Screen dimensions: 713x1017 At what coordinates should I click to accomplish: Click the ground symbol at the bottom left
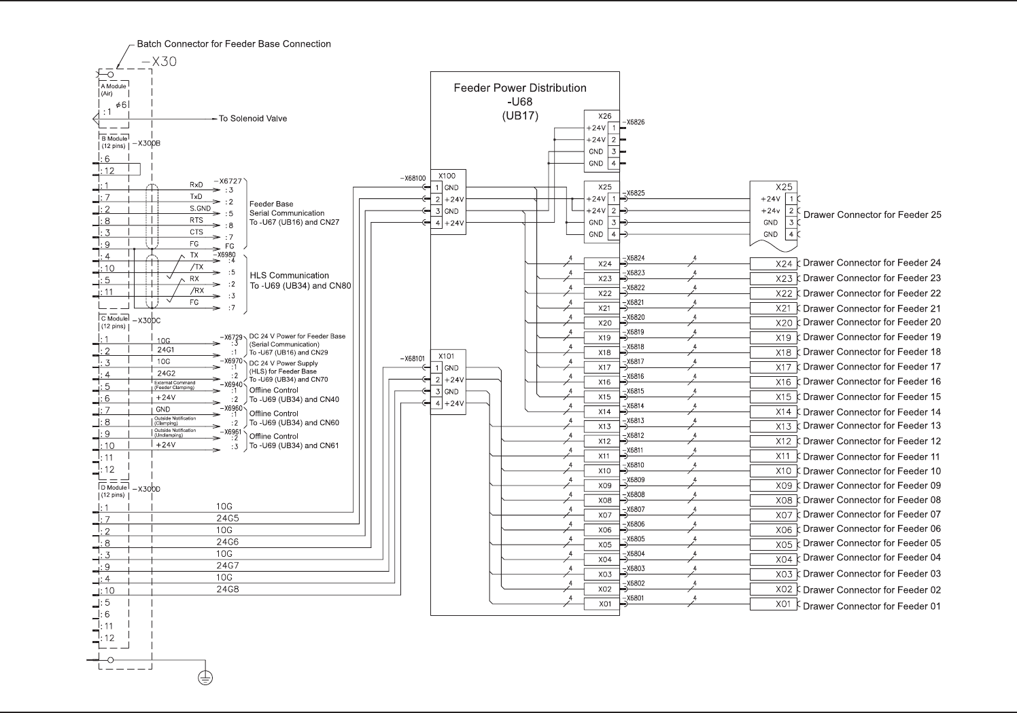205,677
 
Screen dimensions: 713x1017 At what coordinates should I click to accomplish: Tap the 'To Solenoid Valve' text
252,119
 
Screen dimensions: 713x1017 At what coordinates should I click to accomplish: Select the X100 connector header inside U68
447,176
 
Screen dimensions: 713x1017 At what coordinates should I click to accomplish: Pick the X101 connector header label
447,356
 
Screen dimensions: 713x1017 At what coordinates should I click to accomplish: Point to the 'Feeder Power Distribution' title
519,88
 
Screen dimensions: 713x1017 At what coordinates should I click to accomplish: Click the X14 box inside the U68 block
604,412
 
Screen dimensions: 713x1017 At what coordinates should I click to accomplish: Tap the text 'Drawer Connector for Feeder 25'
872,215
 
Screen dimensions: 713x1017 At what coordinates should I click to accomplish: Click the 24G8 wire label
228,589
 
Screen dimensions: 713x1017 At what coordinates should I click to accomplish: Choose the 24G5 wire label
228,519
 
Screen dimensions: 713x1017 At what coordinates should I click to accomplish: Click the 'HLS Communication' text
289,276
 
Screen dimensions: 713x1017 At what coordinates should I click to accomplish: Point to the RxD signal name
196,185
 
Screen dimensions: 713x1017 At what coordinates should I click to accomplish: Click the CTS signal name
196,232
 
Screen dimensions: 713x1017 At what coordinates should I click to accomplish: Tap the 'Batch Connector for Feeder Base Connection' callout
234,44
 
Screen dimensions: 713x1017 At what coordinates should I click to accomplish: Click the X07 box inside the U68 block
604,515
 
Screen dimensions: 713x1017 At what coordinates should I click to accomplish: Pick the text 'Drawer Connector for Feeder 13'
872,426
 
